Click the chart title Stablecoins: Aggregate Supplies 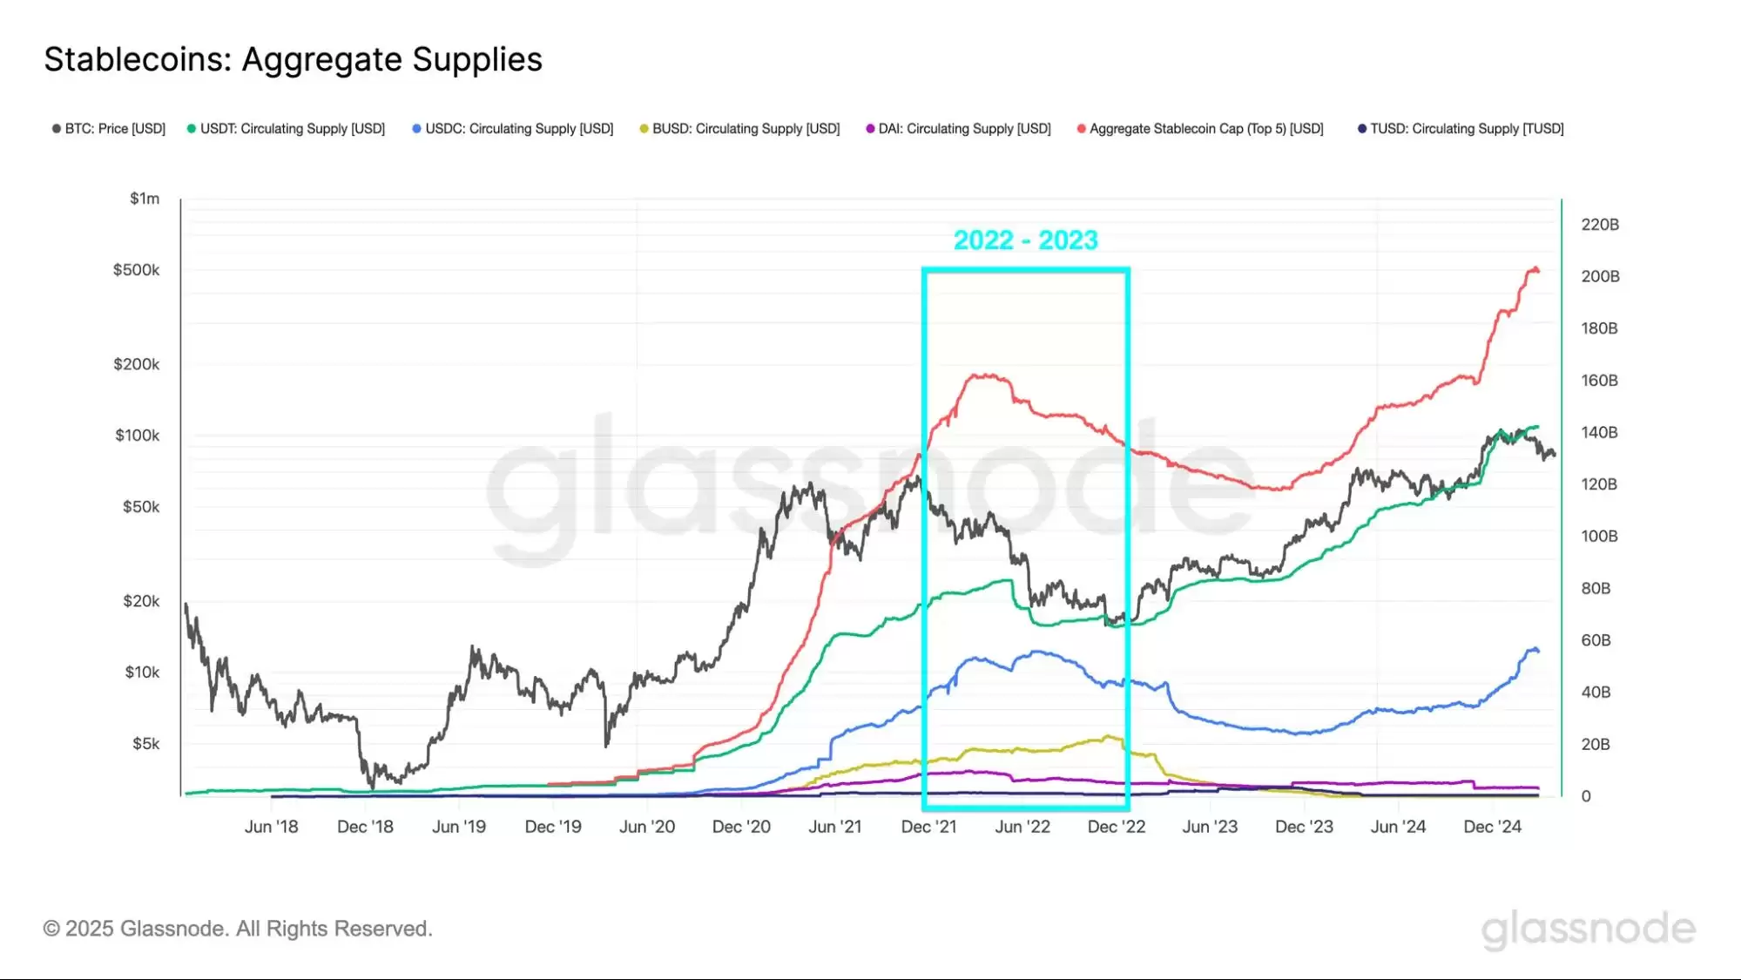[x=293, y=59]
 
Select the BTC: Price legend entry [x=110, y=129]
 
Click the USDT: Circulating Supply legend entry [x=287, y=129]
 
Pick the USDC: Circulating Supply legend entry [x=514, y=129]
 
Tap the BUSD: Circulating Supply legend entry [x=741, y=129]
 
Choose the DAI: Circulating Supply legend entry [x=960, y=129]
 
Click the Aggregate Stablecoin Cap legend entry [x=1201, y=129]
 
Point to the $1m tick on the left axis [x=145, y=199]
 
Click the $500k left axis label [x=136, y=270]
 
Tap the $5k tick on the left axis [x=145, y=744]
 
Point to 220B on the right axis [x=1600, y=225]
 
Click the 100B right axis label [x=1599, y=537]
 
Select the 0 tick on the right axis [x=1586, y=796]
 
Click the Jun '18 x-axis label [x=271, y=827]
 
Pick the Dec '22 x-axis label [x=1116, y=827]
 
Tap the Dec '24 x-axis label [x=1492, y=827]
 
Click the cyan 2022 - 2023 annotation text [x=1025, y=240]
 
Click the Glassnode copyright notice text [x=238, y=929]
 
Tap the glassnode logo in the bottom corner [x=1588, y=929]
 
